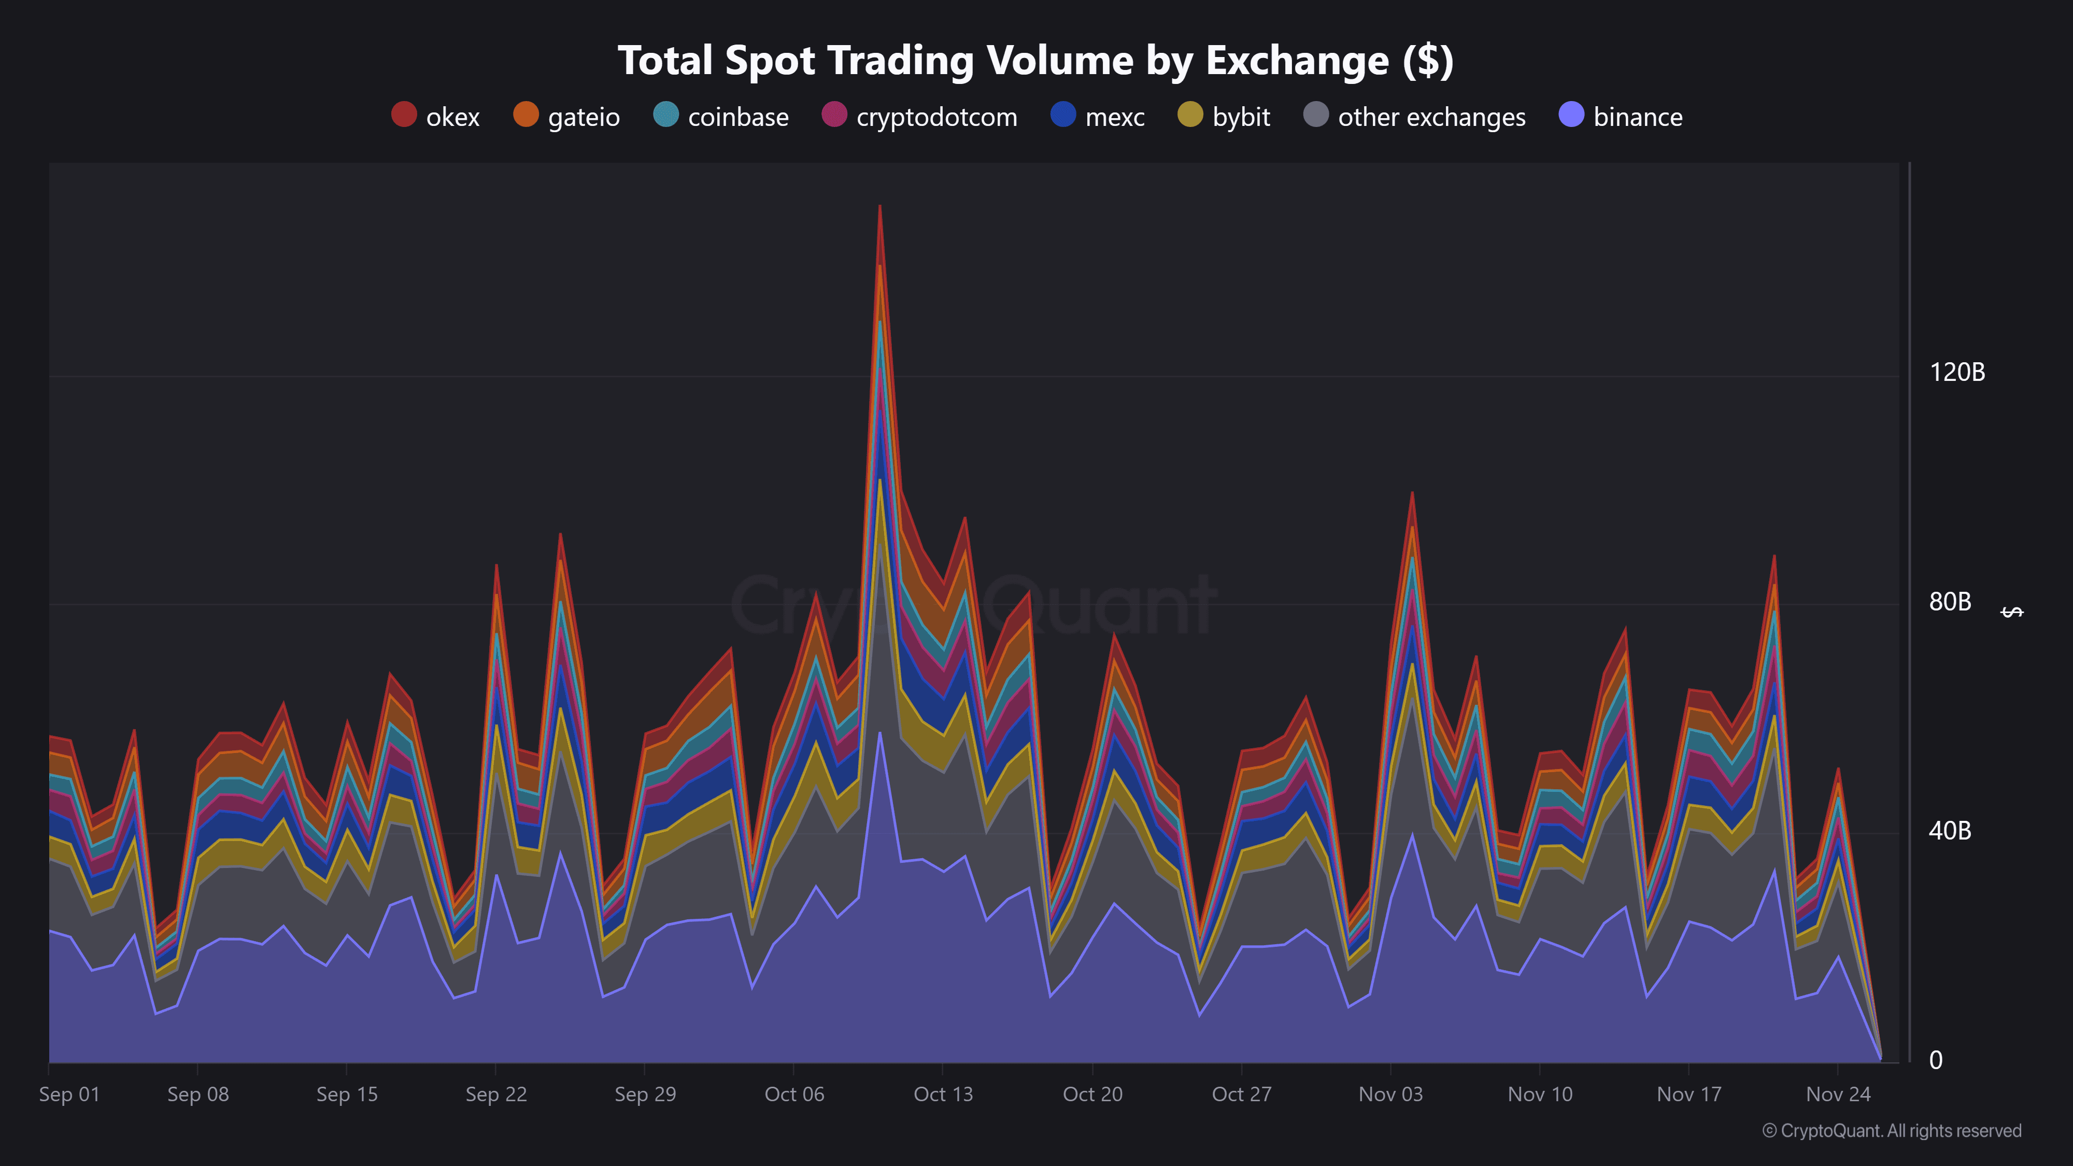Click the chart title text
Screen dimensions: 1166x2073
[x=1035, y=60]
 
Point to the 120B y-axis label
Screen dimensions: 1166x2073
[x=1957, y=373]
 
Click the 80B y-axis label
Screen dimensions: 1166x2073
[x=1950, y=602]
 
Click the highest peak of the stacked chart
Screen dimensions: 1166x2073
[x=879, y=207]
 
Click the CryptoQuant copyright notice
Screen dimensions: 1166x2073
[x=1891, y=1131]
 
